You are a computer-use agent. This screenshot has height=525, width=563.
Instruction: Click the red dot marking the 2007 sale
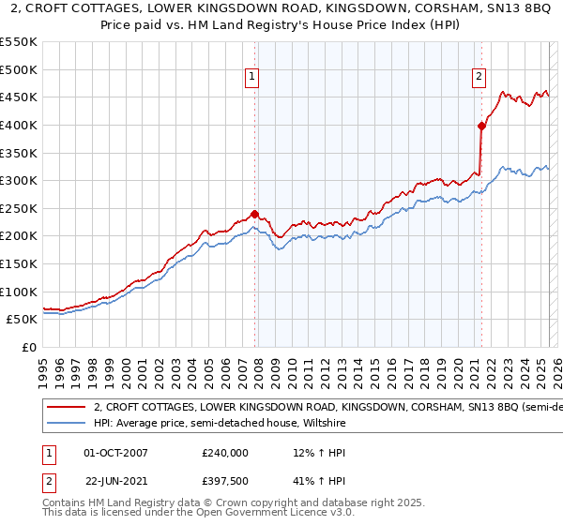254,214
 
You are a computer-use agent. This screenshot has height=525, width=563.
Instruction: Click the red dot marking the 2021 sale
481,126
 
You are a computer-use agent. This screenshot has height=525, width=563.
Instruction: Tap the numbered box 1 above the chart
253,78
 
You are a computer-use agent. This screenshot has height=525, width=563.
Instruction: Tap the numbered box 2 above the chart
479,78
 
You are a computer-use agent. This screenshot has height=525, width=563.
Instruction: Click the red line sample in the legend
66,408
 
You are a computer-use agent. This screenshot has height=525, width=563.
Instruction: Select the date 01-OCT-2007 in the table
117,453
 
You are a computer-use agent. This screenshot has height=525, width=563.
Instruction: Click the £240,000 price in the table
225,453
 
